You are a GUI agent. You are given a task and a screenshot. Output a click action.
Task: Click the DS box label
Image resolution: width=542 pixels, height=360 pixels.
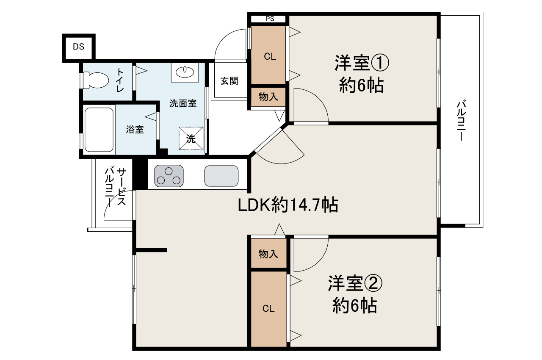pos(78,47)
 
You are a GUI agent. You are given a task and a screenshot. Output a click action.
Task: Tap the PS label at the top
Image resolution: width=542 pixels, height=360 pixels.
pos(269,19)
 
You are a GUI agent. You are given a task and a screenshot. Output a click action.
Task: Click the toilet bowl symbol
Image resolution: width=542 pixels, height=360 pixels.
pos(96,80)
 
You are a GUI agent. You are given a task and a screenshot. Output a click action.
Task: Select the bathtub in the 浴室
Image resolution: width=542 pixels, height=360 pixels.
pos(99,130)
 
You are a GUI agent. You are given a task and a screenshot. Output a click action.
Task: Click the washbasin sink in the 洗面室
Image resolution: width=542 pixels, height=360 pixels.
pos(184,72)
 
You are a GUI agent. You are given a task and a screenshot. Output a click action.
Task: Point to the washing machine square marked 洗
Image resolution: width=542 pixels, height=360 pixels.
pos(191,138)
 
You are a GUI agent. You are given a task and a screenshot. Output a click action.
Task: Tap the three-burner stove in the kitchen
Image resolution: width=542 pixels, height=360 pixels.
pos(169,175)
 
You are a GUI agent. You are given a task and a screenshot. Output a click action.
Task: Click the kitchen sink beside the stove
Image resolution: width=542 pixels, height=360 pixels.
pos(221,175)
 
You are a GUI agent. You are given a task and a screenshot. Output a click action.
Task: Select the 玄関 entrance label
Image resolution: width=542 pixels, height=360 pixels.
pos(229,81)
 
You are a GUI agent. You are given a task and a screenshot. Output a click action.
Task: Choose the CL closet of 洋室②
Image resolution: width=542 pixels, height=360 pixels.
pos(268,309)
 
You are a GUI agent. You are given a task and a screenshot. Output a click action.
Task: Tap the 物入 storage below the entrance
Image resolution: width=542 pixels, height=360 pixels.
pos(268,97)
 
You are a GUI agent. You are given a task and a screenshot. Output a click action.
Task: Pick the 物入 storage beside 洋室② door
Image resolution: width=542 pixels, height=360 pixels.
pos(268,254)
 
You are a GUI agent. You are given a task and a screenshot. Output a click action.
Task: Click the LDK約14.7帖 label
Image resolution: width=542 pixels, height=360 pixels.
pos(288,205)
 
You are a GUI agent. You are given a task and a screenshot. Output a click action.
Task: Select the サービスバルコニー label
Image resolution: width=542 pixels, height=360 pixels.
pos(115,187)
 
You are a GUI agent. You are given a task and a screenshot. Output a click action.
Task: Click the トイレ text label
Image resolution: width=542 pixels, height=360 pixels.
pos(120,80)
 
